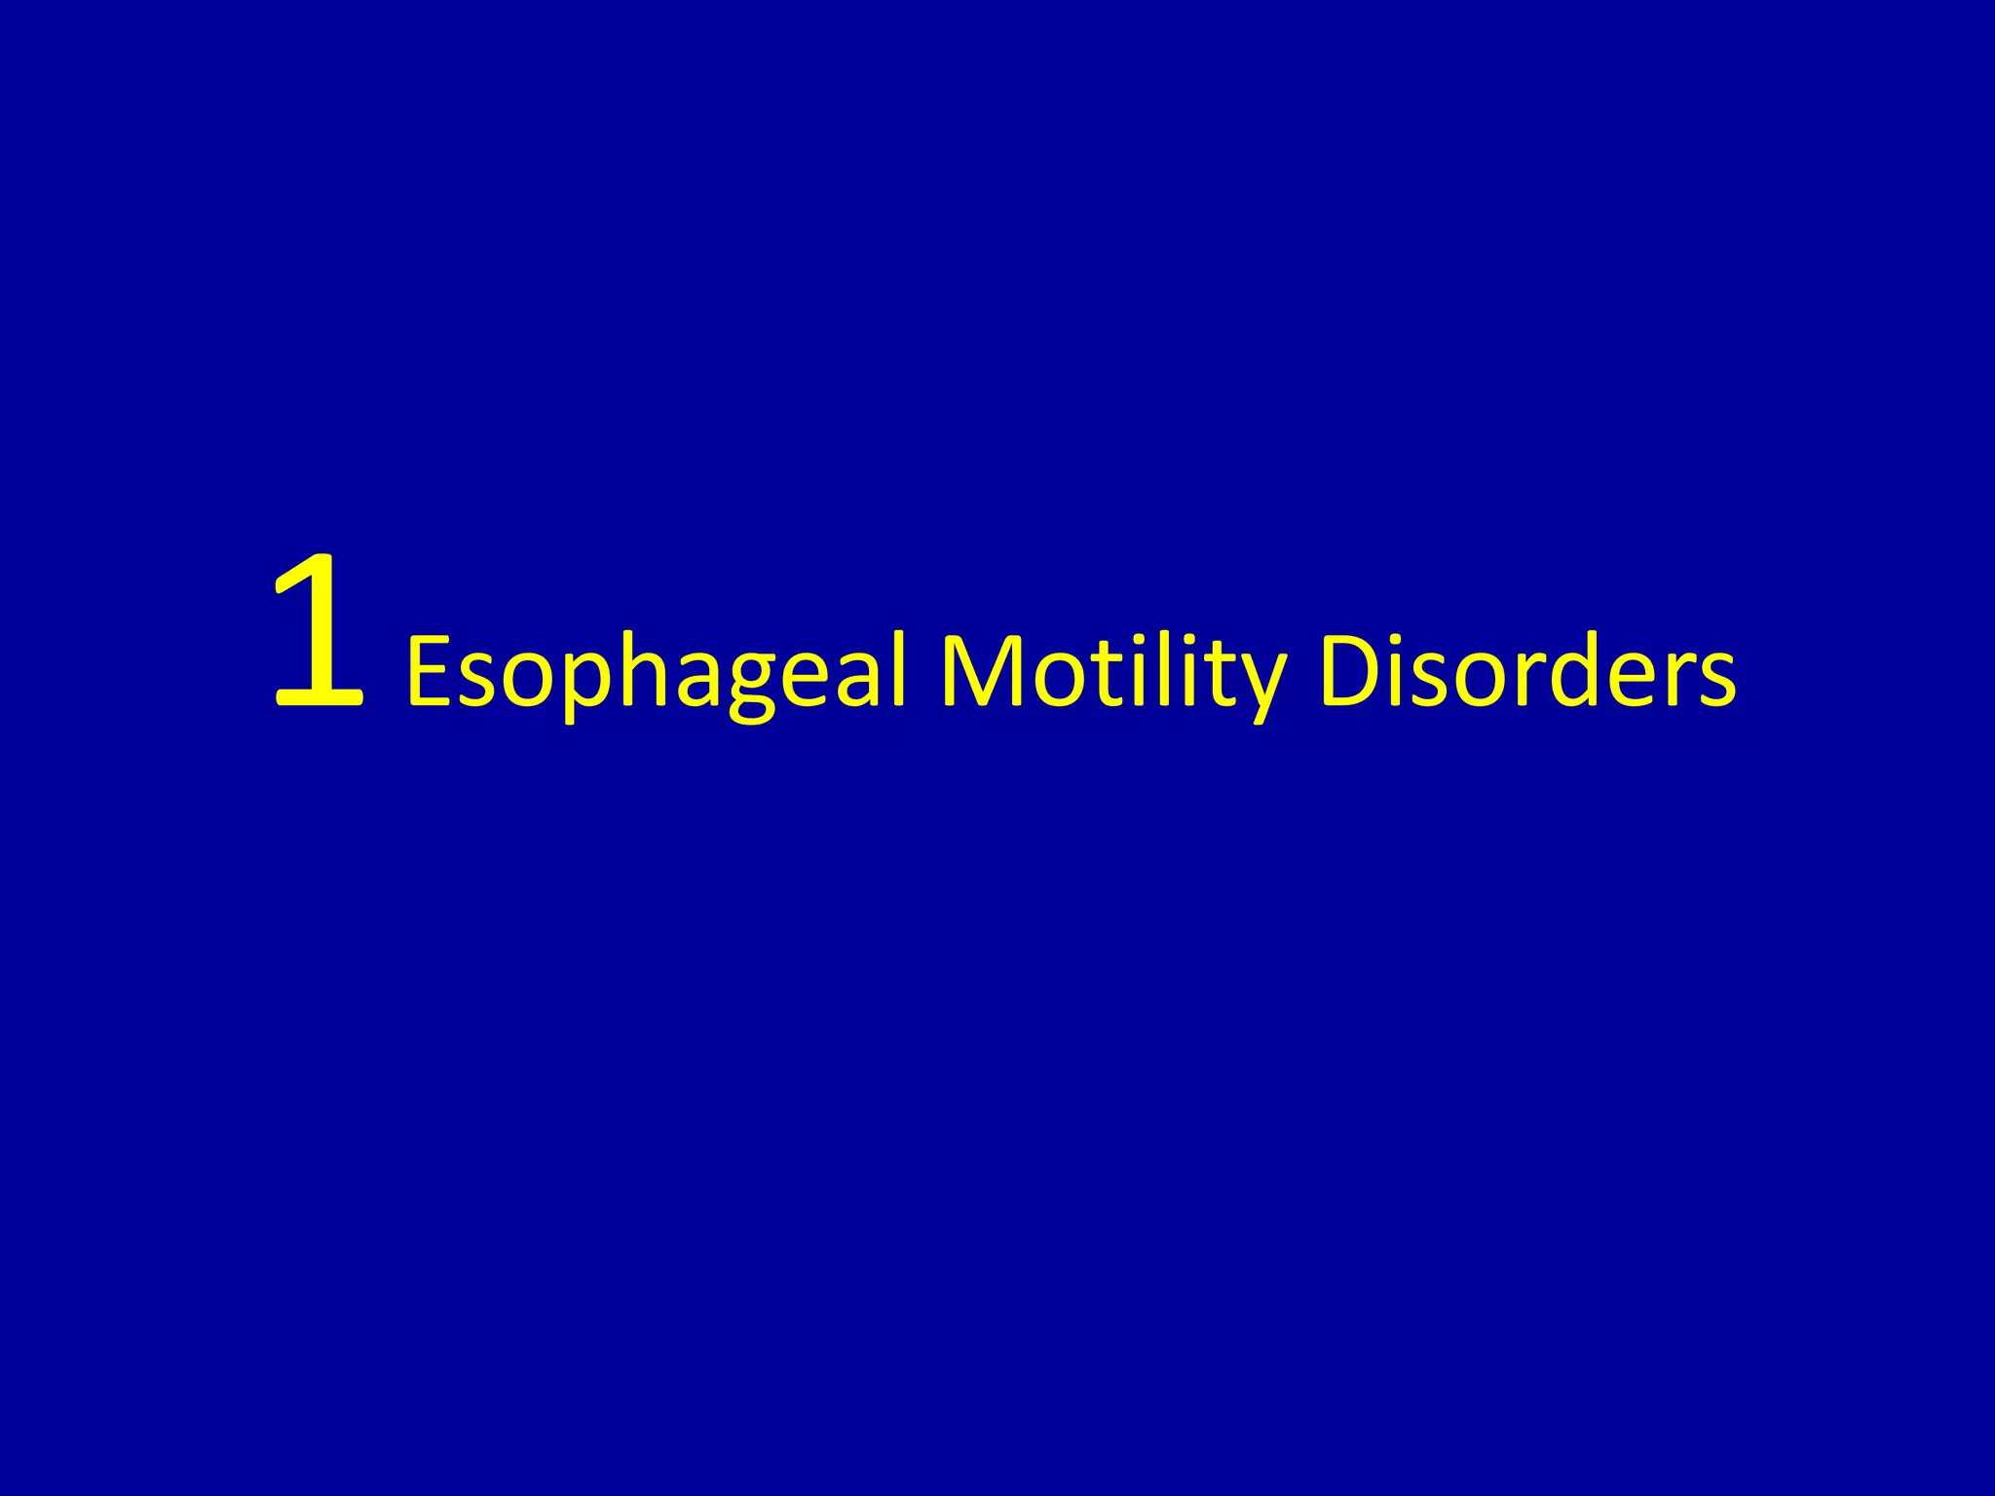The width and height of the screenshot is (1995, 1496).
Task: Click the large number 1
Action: pyautogui.click(x=319, y=631)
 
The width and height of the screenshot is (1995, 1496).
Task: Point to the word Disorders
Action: pyautogui.click(x=1526, y=672)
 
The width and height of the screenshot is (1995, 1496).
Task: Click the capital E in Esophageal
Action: pyautogui.click(x=429, y=670)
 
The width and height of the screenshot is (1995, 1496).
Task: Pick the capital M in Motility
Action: pyautogui.click(x=979, y=670)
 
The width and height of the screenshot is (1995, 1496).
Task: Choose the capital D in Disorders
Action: pyautogui.click(x=1350, y=670)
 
